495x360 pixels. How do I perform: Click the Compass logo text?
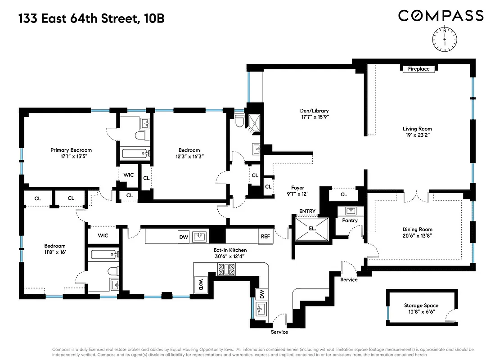[441, 16]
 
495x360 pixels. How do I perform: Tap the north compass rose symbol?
[444, 39]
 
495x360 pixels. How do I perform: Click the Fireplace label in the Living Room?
[418, 69]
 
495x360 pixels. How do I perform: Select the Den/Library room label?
[314, 111]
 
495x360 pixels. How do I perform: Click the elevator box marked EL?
[312, 228]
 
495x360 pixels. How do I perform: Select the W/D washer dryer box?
[199, 284]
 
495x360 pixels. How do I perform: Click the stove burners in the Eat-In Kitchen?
[226, 269]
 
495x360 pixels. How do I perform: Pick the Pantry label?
[350, 220]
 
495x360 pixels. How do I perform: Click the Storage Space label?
[421, 306]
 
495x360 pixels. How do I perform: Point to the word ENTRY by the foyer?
[307, 211]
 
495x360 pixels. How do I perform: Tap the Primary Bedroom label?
[71, 150]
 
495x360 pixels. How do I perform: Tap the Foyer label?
[297, 188]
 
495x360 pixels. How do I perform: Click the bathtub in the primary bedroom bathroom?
[135, 154]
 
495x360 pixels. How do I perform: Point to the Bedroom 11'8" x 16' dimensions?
[55, 252]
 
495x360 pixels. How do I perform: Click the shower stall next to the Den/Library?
[254, 120]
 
